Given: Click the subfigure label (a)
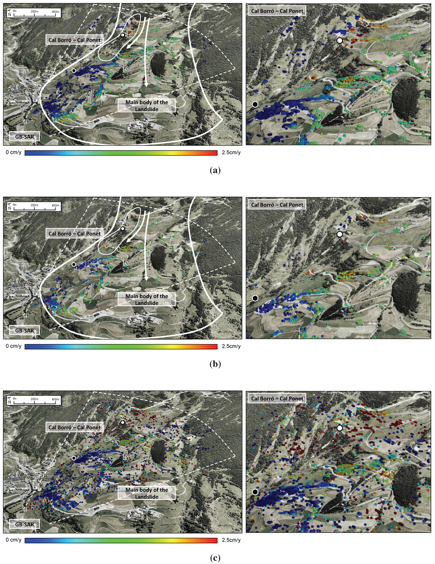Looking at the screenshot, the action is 215,170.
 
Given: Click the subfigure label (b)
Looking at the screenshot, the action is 215,364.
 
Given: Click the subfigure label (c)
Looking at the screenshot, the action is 215,558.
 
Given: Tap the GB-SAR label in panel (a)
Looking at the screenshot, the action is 25,137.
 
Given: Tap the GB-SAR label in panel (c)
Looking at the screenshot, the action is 25,525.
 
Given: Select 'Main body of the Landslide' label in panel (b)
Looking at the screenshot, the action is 147,299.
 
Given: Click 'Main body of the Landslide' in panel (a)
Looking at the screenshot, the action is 147,106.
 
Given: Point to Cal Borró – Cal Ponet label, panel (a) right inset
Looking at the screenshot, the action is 277,11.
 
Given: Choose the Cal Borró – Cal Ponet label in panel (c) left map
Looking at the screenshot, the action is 75,427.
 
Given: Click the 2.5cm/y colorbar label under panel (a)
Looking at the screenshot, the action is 231,152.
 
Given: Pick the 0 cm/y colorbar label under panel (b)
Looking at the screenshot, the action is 14,346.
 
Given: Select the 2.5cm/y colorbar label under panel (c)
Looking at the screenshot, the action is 231,540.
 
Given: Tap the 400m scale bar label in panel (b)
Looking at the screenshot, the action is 55,206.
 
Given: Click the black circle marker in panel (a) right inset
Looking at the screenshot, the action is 255,104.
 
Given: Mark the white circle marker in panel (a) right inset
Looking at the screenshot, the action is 339,40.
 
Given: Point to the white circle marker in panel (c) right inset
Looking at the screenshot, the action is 339,428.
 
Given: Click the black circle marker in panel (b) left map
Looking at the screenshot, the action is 74,265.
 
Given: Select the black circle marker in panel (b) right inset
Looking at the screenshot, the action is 255,298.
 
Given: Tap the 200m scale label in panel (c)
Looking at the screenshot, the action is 34,399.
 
